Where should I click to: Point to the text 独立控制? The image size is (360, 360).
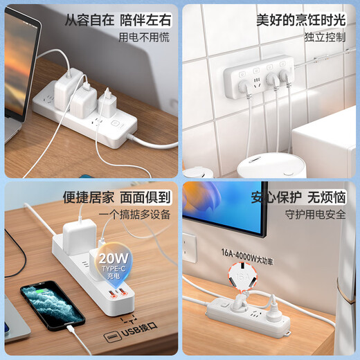(325, 37)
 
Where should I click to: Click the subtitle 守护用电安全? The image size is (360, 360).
(315, 215)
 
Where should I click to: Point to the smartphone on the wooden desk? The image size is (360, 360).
(52, 305)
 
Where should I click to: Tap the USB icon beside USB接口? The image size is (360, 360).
(111, 337)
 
